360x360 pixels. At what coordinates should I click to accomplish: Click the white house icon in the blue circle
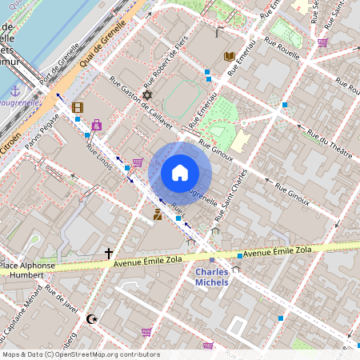tap(180, 173)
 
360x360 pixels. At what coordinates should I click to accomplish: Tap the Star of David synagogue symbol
tap(147, 95)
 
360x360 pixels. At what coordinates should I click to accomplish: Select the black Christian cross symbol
tap(109, 253)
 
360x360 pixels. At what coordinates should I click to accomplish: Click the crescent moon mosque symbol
tap(91, 318)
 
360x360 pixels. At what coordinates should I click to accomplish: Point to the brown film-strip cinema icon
tap(77, 107)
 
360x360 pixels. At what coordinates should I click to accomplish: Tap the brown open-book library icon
tap(230, 56)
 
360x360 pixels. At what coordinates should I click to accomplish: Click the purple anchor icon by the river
tap(14, 90)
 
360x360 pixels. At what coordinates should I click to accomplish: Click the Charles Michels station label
tap(212, 277)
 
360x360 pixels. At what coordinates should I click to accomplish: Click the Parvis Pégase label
tap(43, 130)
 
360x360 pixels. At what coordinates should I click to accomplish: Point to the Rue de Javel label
tap(62, 298)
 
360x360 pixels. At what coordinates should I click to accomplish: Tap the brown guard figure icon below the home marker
tap(158, 214)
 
